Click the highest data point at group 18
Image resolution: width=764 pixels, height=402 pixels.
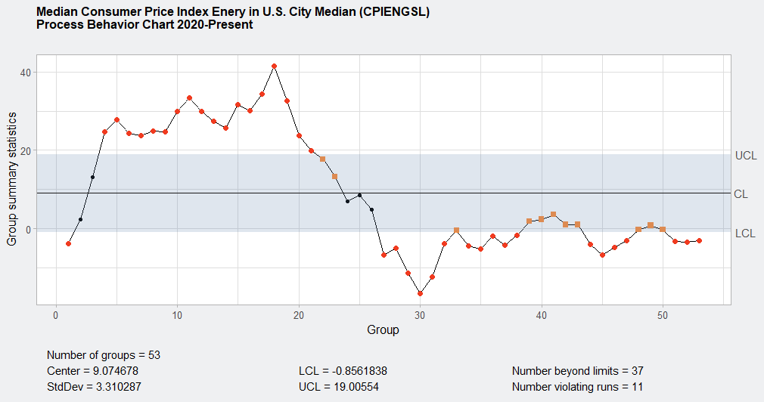274,66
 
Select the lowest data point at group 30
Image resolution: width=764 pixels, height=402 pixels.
420,293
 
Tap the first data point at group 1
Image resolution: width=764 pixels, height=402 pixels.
68,243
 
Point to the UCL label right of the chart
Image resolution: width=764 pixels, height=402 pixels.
745,156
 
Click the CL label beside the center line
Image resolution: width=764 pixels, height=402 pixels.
741,194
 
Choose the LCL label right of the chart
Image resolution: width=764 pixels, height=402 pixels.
745,233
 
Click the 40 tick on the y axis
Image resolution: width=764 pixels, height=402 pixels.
25,73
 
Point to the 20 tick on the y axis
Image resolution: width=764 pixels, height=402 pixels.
25,151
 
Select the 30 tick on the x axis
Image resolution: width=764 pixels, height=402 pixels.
420,314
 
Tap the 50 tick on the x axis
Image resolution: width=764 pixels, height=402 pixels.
663,314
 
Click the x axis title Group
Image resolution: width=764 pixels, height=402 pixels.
383,330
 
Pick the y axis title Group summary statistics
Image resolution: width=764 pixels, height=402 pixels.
12,178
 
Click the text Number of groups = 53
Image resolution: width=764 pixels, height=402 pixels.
104,355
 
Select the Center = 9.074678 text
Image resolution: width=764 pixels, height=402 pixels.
92,371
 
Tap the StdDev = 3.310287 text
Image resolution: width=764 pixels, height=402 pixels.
94,387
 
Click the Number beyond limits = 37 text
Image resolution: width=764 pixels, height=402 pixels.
577,371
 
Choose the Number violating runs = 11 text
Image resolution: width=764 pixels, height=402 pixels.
577,387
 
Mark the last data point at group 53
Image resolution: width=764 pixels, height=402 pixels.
699,240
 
